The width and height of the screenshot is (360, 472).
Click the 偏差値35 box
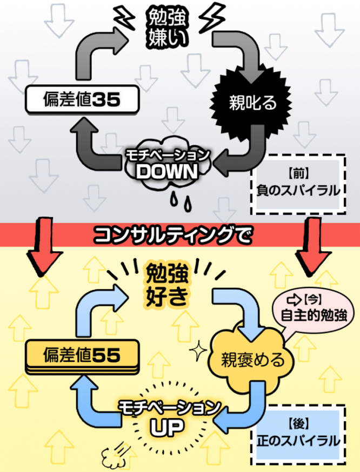82,99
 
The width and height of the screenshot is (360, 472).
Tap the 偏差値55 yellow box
82,356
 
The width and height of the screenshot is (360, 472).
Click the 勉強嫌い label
166,28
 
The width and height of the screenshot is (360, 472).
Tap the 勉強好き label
166,285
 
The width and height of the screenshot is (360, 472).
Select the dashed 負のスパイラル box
298,184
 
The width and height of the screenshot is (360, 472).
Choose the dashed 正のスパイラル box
298,435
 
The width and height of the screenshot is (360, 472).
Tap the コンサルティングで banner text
172,235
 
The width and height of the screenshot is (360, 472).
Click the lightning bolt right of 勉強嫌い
212,18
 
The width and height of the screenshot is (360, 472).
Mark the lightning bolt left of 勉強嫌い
124,18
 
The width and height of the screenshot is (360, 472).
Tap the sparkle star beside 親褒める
198,350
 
